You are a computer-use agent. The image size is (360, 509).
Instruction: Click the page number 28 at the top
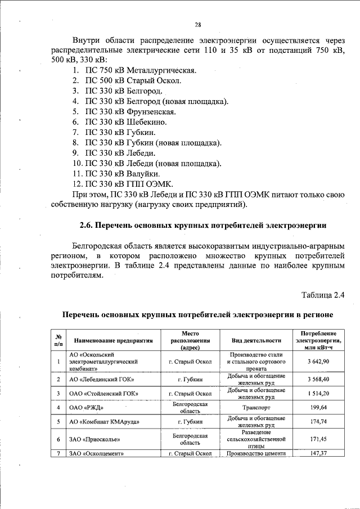click(198, 25)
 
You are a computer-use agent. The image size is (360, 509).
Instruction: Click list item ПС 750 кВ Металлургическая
click(140, 71)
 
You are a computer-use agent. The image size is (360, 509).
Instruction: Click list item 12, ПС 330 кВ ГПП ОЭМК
click(129, 184)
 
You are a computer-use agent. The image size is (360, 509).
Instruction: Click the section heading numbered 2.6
click(203, 226)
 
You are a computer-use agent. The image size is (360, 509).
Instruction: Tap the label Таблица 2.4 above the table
click(322, 294)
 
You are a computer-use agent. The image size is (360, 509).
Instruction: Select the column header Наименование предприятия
click(113, 341)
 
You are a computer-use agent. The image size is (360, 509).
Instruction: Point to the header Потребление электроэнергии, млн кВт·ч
click(319, 341)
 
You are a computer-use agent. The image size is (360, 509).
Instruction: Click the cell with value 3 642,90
click(318, 362)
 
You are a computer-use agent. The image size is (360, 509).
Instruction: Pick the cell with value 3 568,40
click(318, 380)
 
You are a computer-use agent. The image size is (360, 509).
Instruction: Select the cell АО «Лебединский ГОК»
click(97, 380)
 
